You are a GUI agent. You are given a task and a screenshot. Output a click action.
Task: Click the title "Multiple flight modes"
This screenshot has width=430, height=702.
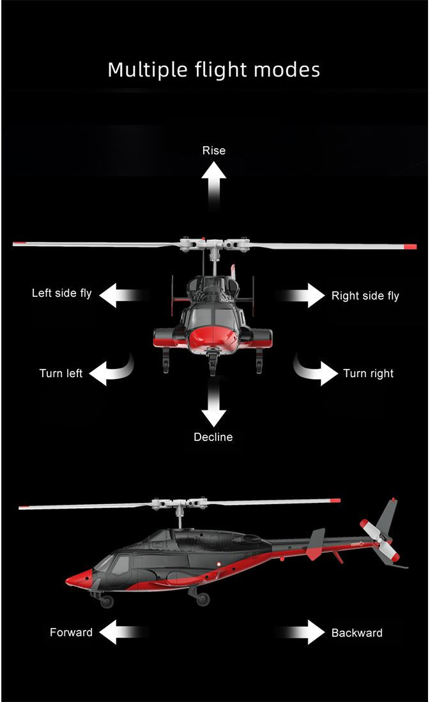coord(214,70)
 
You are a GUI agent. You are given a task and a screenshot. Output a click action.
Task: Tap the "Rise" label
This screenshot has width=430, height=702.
coord(213,151)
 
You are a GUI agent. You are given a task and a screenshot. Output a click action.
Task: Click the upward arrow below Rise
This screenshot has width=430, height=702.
coord(213,181)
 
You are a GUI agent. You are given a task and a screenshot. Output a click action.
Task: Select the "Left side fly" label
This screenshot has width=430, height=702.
coord(62,294)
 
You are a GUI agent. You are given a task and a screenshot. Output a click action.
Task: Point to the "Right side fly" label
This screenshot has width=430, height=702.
coord(365,295)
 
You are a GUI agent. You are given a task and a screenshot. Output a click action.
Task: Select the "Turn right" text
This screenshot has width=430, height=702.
coord(368,373)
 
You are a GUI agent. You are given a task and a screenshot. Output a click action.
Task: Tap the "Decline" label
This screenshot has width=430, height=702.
coord(213,437)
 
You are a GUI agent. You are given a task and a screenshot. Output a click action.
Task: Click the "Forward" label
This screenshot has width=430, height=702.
coord(71,632)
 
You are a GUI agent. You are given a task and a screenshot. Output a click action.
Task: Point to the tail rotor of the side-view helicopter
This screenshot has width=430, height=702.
coord(380,540)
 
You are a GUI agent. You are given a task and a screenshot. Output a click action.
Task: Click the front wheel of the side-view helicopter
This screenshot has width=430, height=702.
coord(107,601)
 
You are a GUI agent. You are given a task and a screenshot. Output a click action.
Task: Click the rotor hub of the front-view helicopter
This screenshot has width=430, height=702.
coord(213,244)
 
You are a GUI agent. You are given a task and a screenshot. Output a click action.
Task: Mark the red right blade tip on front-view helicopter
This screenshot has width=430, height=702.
coord(410,246)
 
